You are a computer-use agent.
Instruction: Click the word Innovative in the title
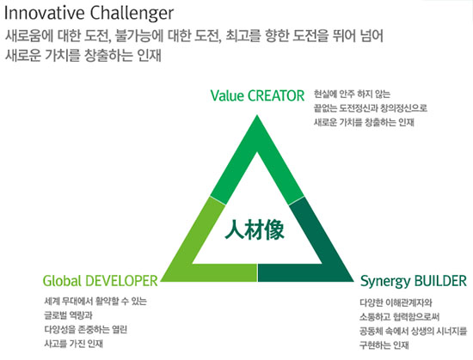click(x=45, y=13)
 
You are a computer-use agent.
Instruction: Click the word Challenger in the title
click(x=132, y=14)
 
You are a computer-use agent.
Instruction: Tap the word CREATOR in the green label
click(x=276, y=95)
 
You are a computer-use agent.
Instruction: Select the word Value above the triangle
click(x=227, y=95)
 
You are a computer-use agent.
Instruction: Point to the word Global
click(x=62, y=281)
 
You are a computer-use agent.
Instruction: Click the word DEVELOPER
click(x=121, y=281)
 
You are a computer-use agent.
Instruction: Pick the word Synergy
click(x=385, y=282)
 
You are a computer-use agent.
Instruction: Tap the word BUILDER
click(x=440, y=281)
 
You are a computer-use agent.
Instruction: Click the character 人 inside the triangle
click(x=235, y=230)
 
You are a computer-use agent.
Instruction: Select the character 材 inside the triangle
click(x=255, y=230)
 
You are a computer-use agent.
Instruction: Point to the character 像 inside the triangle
click(x=274, y=230)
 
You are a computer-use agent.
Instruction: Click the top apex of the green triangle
click(x=257, y=115)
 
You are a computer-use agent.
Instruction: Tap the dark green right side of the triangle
click(x=314, y=247)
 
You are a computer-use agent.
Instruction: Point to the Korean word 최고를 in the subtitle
click(x=243, y=36)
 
